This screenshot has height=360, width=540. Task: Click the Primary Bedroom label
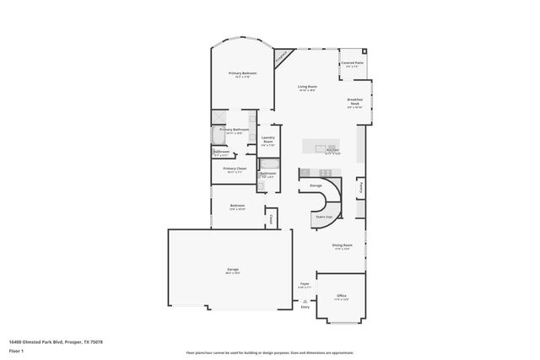click(243, 73)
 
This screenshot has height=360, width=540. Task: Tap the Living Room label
click(306, 87)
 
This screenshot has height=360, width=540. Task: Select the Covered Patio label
click(353, 62)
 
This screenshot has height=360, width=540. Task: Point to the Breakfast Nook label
click(355, 100)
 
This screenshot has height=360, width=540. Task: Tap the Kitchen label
click(332, 151)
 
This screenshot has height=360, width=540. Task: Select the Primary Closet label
click(235, 169)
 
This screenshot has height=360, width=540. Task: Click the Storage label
click(316, 185)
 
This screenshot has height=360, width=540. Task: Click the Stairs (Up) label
click(324, 217)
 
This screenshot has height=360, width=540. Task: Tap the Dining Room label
click(342, 246)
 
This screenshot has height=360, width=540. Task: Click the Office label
click(341, 296)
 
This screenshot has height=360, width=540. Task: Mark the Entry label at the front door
click(305, 307)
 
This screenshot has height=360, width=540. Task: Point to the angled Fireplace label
click(281, 57)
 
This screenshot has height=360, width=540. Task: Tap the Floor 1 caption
click(16, 350)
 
